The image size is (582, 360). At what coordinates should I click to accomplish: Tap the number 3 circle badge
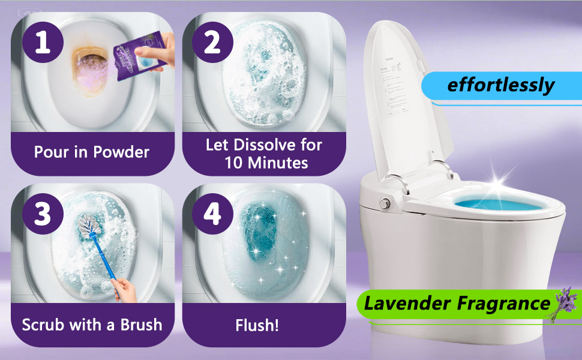[x=42, y=214]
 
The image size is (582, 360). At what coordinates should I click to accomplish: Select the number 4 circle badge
[x=212, y=214]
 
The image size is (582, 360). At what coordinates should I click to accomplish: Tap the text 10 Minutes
[x=266, y=163]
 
